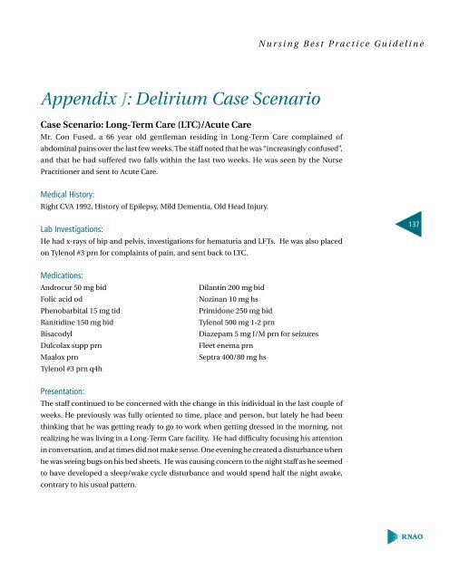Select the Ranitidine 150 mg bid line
click(83, 335)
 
